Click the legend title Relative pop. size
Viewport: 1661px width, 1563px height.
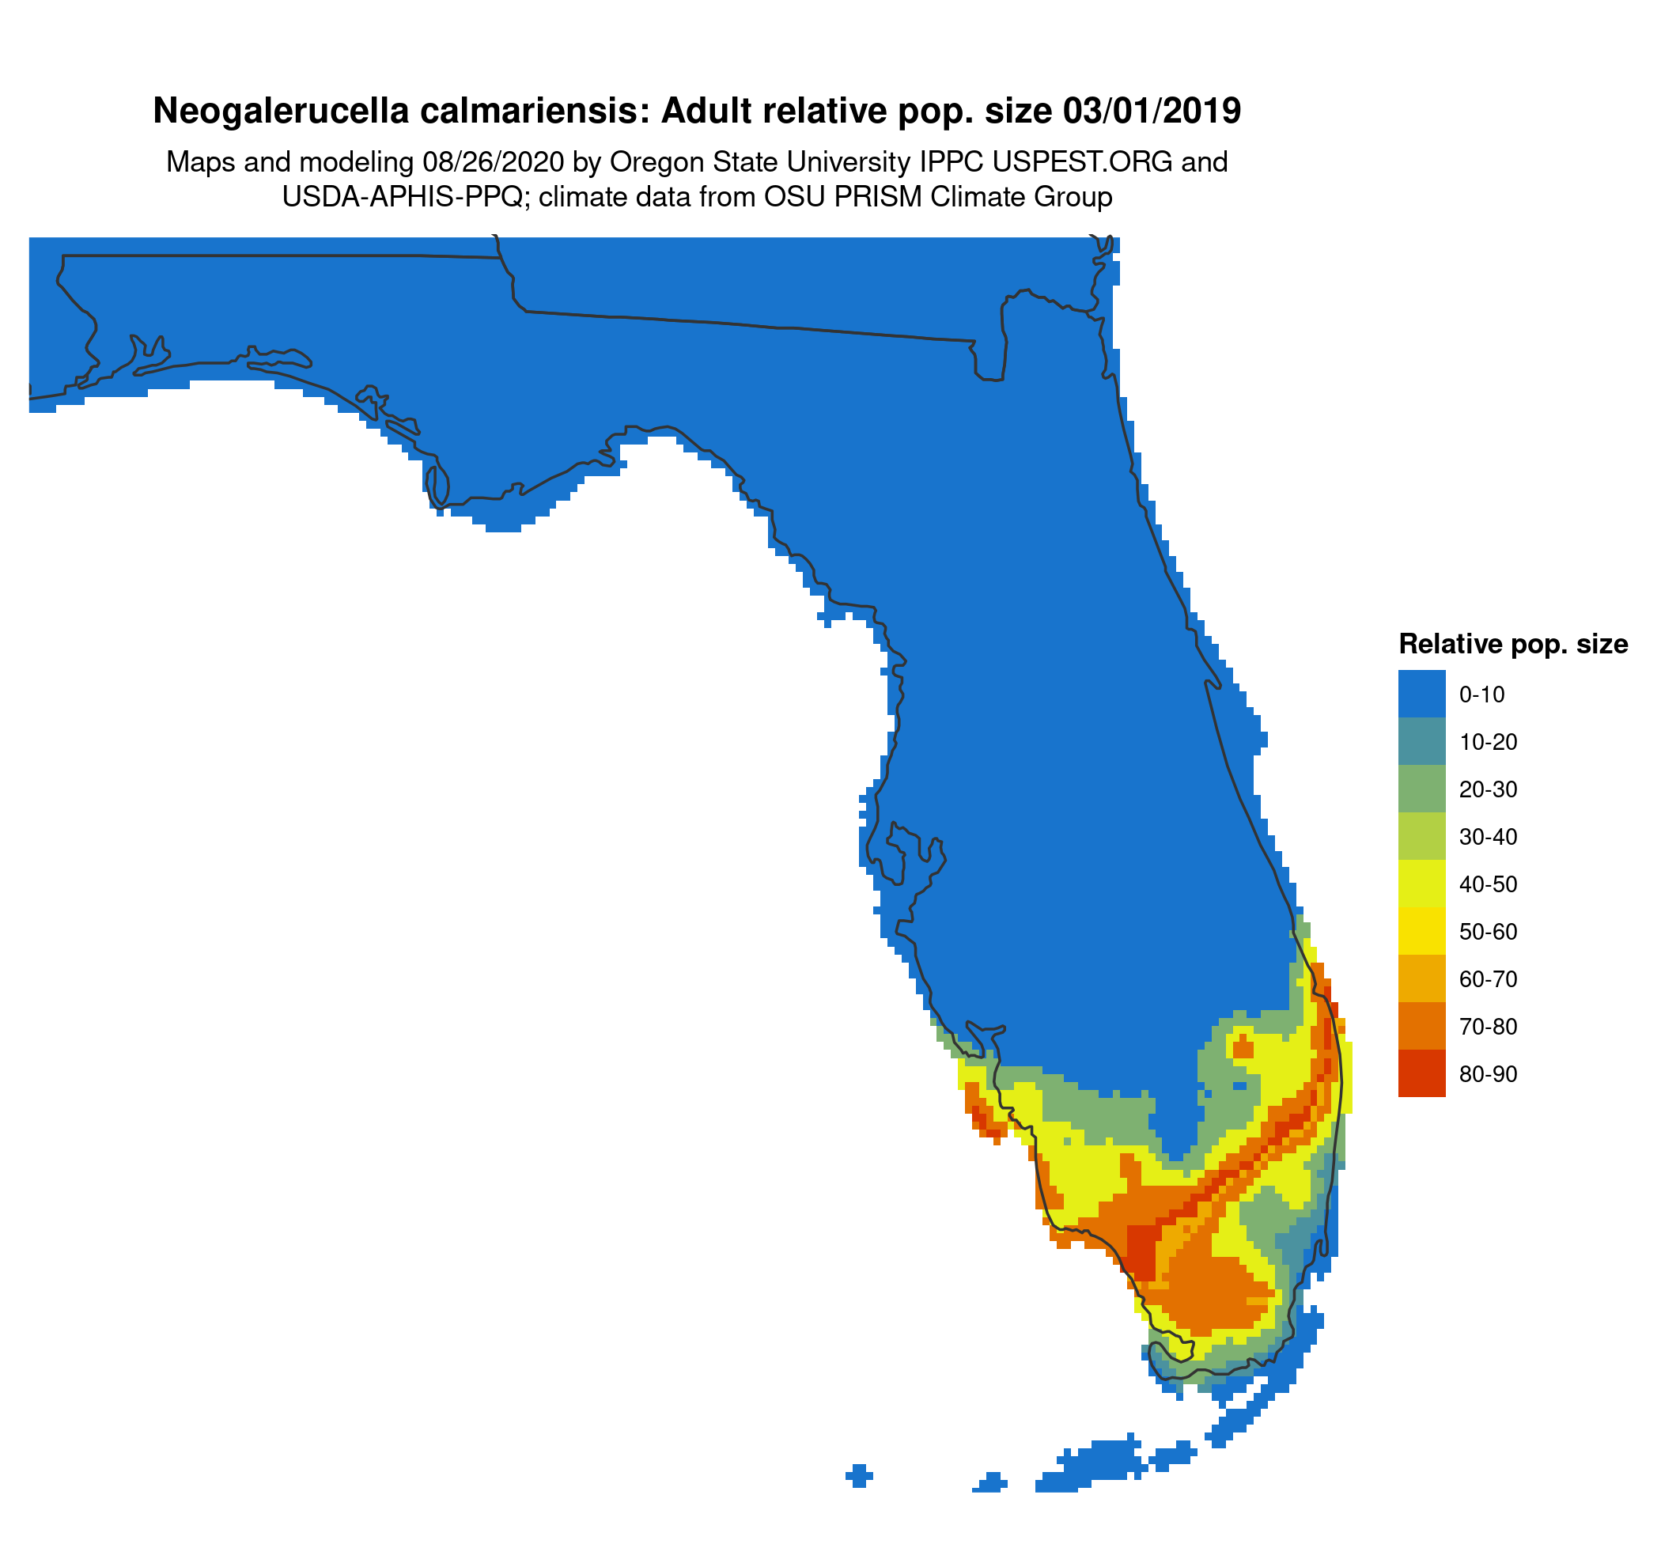[x=1512, y=644]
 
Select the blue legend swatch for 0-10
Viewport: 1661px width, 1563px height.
[x=1421, y=694]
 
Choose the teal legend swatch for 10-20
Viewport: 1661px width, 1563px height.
[x=1421, y=741]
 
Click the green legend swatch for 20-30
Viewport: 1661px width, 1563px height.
[x=1421, y=789]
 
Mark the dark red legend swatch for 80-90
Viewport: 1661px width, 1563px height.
[x=1421, y=1073]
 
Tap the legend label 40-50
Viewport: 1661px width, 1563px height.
[x=1488, y=884]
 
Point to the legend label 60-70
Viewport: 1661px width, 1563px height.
[x=1488, y=979]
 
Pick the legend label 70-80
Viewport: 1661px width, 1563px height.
[x=1488, y=1027]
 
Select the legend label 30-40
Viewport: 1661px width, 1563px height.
[x=1488, y=836]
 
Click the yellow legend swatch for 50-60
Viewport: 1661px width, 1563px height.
[x=1421, y=932]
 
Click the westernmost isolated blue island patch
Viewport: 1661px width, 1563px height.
[x=859, y=1475]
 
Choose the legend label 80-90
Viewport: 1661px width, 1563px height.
[x=1488, y=1074]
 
